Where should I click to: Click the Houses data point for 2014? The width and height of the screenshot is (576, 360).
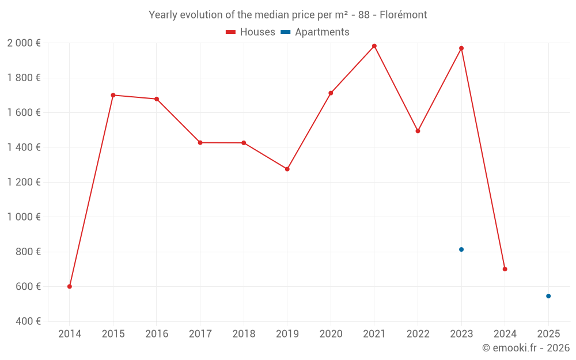tap(70, 286)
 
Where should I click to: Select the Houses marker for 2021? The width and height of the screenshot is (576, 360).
tap(374, 46)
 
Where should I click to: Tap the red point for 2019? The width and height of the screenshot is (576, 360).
tap(287, 169)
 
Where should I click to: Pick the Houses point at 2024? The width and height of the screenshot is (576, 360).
tap(505, 269)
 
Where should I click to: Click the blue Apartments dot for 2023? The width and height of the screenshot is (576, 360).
tap(461, 249)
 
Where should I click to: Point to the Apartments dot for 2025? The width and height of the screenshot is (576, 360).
tap(548, 296)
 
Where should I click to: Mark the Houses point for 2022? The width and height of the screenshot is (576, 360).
tap(418, 131)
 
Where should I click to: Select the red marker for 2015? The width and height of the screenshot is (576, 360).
tap(113, 95)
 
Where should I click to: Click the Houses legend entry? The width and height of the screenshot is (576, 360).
tap(251, 32)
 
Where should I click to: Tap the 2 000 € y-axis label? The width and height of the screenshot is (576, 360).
tap(24, 43)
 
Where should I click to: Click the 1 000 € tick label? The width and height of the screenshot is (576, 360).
tap(24, 217)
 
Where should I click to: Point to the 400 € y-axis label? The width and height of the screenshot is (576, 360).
tap(27, 321)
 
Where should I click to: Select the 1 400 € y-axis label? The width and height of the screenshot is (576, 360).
tap(24, 147)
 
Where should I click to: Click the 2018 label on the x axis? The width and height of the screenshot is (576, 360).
tap(244, 334)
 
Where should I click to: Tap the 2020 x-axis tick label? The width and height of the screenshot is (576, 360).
tap(331, 334)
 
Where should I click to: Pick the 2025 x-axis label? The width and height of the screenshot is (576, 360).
tap(548, 334)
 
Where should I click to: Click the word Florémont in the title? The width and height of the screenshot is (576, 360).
tap(403, 15)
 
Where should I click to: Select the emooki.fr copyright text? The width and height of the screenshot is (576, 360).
tap(526, 348)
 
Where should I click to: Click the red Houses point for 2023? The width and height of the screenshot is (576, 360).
tap(461, 48)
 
